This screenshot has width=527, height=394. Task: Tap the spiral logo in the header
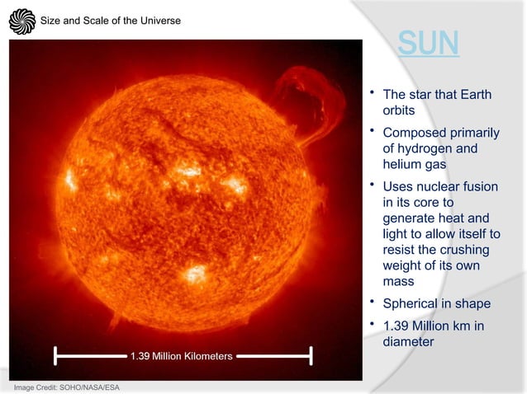22,21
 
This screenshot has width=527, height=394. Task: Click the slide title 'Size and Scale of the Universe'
111,21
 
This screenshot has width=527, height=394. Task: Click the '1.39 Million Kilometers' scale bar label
182,356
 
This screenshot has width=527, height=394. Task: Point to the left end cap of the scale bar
55,356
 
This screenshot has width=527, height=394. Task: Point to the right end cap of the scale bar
311,356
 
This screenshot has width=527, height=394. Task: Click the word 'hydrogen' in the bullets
426,149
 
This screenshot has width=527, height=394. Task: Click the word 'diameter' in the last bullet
408,341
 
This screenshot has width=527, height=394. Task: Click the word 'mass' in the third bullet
399,281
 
